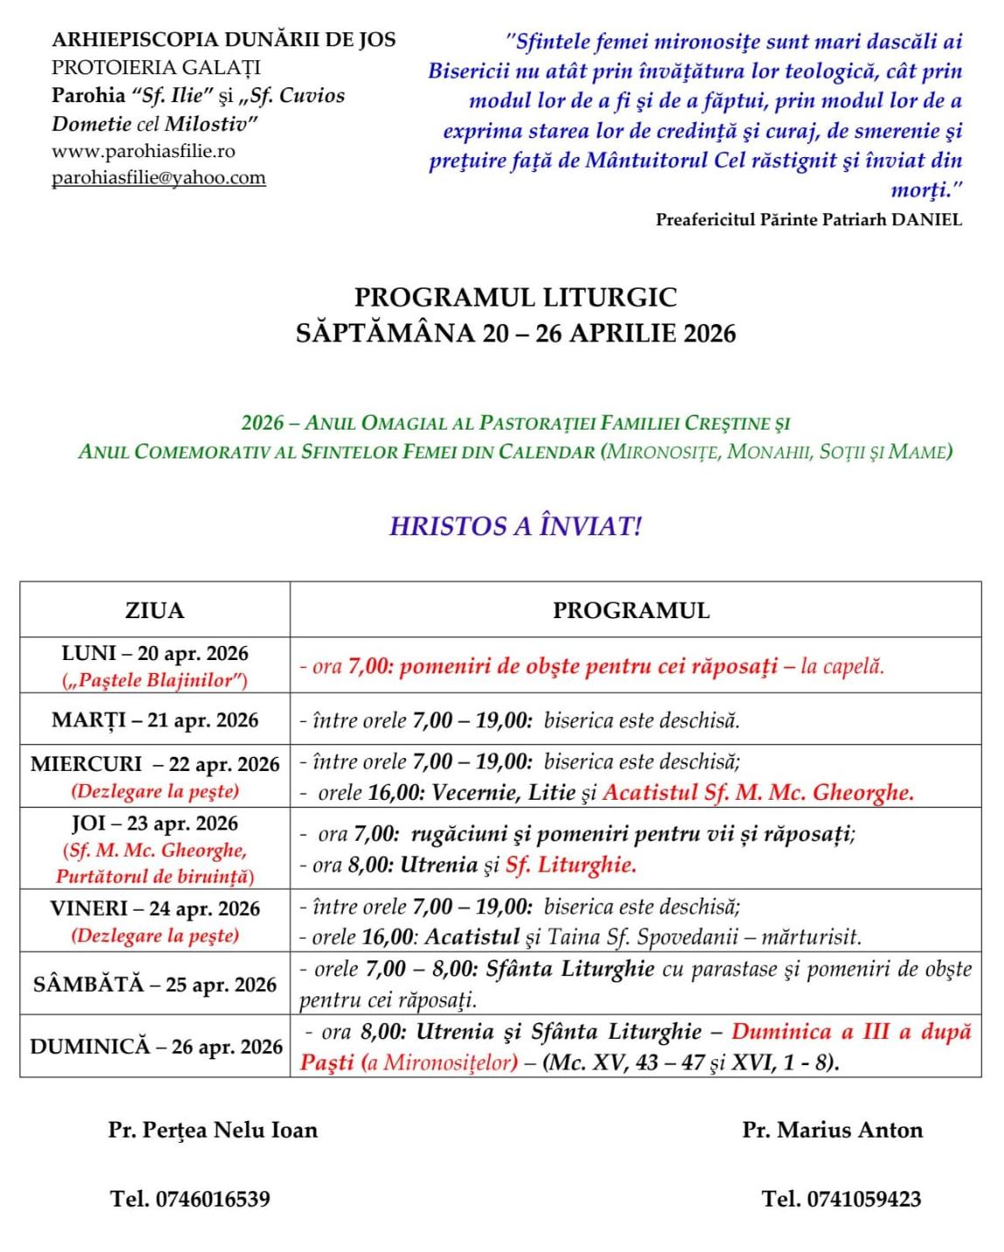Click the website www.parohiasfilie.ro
(x=143, y=151)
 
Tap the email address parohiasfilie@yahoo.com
(x=158, y=178)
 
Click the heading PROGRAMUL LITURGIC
(x=515, y=298)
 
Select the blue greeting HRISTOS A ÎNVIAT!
(x=515, y=526)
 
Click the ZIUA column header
(x=155, y=610)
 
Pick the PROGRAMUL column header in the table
(x=631, y=610)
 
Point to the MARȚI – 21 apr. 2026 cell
(x=155, y=720)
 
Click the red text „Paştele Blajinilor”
(x=155, y=680)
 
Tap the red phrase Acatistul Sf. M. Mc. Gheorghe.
(x=758, y=793)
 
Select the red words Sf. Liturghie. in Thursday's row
(x=571, y=865)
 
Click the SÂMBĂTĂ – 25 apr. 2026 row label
(x=155, y=985)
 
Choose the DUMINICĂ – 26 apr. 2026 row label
(x=155, y=1047)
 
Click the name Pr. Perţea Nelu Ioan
(x=213, y=1131)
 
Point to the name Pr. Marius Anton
(x=832, y=1131)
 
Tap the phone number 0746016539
(x=212, y=1199)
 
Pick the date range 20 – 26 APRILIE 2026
(x=608, y=334)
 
